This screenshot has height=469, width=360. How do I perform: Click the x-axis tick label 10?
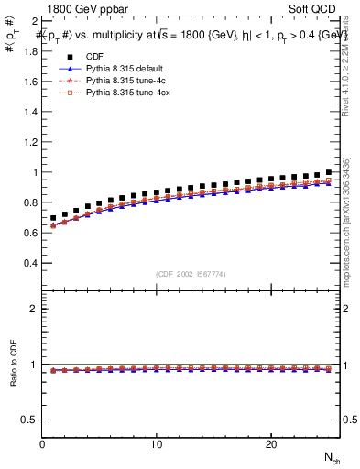coord(157,444)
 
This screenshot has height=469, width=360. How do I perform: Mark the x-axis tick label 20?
coord(271,444)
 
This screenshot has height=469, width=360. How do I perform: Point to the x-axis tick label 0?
coord(43,444)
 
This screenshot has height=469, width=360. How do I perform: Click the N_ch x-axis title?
coord(331,457)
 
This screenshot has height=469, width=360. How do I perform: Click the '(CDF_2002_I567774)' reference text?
coord(191,274)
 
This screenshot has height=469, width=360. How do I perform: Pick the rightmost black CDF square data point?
coord(328,172)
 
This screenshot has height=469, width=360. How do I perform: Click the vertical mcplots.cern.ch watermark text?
coord(350,229)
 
